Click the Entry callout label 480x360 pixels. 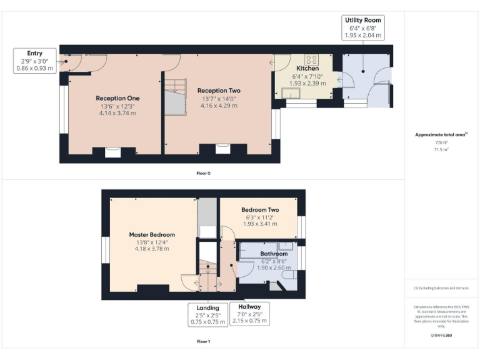pyautogui.click(x=35, y=54)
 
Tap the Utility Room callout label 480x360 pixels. pyautogui.click(x=363, y=20)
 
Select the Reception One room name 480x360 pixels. pyautogui.click(x=117, y=98)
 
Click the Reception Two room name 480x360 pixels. pyautogui.click(x=218, y=91)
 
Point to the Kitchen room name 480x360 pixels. pyautogui.click(x=307, y=68)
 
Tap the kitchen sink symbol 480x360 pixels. pyautogui.click(x=291, y=93)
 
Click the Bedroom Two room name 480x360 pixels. pyautogui.click(x=260, y=210)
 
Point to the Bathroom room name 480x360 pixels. pyautogui.click(x=274, y=254)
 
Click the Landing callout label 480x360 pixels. pyautogui.click(x=207, y=307)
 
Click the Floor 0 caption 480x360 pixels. pyautogui.click(x=203, y=172)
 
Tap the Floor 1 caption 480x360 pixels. pyautogui.click(x=203, y=342)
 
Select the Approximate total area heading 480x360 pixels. pyautogui.click(x=441, y=135)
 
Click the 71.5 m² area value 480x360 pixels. pyautogui.click(x=442, y=150)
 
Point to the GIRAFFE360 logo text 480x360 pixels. pyautogui.click(x=441, y=336)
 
